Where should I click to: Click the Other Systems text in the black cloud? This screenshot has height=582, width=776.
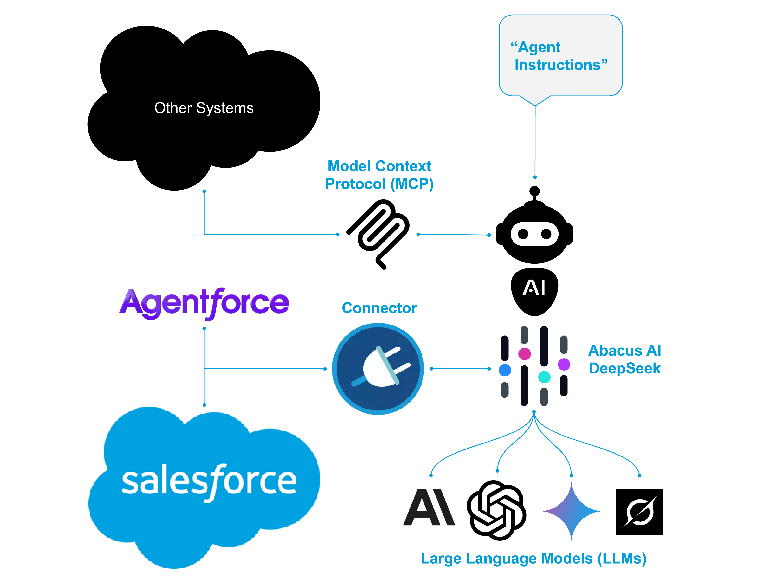204,108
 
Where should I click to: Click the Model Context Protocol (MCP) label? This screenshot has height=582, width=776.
379,175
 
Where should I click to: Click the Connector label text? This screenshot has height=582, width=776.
379,308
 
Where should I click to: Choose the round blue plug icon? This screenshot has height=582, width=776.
378,369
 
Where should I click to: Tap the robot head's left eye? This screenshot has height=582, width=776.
523,234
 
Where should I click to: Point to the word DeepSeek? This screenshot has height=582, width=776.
624,368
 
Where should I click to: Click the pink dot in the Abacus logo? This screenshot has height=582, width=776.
524,354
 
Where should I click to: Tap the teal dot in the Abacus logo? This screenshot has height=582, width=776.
544,377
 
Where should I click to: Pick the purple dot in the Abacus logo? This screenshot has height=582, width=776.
564,364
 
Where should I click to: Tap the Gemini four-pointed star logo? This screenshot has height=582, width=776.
572,511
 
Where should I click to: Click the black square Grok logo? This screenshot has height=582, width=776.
639,512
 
